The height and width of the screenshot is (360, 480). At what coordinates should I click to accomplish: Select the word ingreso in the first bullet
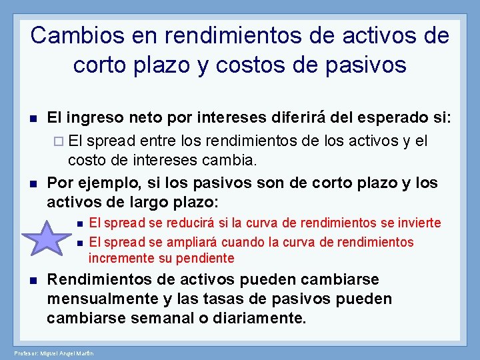tap(93, 119)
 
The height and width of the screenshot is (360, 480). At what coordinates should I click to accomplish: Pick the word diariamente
tap(259, 319)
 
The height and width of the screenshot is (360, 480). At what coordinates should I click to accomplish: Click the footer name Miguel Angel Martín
tap(67, 353)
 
